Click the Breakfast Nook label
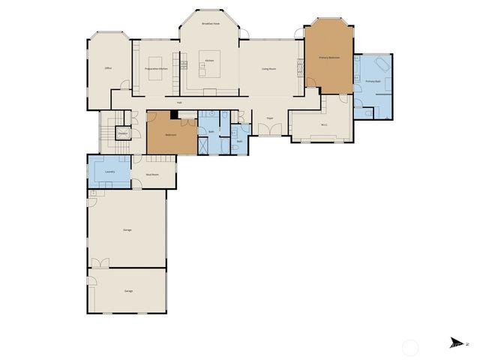point(211,24)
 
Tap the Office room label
point(108,68)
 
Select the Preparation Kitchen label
point(156,68)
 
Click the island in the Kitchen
point(205,68)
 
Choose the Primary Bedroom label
point(329,58)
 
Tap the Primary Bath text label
point(373,81)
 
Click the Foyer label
point(270,118)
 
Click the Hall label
point(179,102)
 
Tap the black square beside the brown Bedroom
point(174,115)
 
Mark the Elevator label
point(122,133)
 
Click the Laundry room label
point(109,172)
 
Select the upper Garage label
point(127,229)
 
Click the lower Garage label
point(128,290)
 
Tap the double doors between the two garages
point(100,263)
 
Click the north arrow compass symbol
point(457,343)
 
